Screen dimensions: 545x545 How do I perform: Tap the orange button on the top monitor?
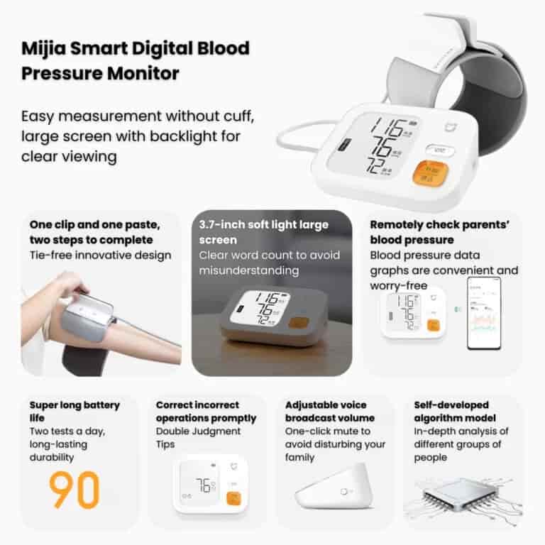tap(430, 172)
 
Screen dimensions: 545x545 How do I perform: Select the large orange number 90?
tap(75, 490)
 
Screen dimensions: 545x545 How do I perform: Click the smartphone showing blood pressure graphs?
tap(483, 313)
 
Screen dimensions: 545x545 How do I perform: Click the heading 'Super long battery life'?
tap(75, 412)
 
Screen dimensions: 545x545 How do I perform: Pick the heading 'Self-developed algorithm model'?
tap(456, 412)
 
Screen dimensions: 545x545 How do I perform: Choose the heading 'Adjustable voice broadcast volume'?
tap(329, 412)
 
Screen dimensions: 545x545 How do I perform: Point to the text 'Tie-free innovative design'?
tap(100, 255)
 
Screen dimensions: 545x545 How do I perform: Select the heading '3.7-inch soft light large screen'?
tap(263, 232)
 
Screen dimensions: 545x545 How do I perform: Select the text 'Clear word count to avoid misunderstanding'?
tap(269, 263)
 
